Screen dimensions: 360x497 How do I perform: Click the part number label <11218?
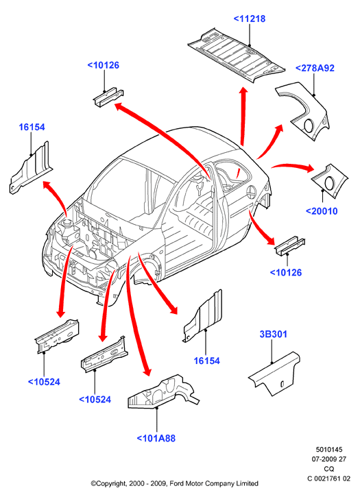250,19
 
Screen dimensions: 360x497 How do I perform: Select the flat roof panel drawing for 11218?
237,55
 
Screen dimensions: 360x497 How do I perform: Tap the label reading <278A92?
315,68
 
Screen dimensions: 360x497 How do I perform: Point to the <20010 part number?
322,211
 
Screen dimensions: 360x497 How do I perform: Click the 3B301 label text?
274,334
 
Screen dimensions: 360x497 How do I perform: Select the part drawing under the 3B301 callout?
274,374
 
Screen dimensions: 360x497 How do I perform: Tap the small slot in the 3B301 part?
282,384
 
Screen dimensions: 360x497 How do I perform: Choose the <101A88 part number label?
156,438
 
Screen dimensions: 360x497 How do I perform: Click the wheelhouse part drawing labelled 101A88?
164,391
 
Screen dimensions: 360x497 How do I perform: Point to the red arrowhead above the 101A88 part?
147,370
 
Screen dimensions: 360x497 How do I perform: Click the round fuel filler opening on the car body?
250,191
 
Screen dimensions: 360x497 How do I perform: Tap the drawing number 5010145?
329,450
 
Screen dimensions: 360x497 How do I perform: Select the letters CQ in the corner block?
329,469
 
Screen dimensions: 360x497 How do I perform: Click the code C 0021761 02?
329,478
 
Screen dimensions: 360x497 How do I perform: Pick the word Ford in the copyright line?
176,484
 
